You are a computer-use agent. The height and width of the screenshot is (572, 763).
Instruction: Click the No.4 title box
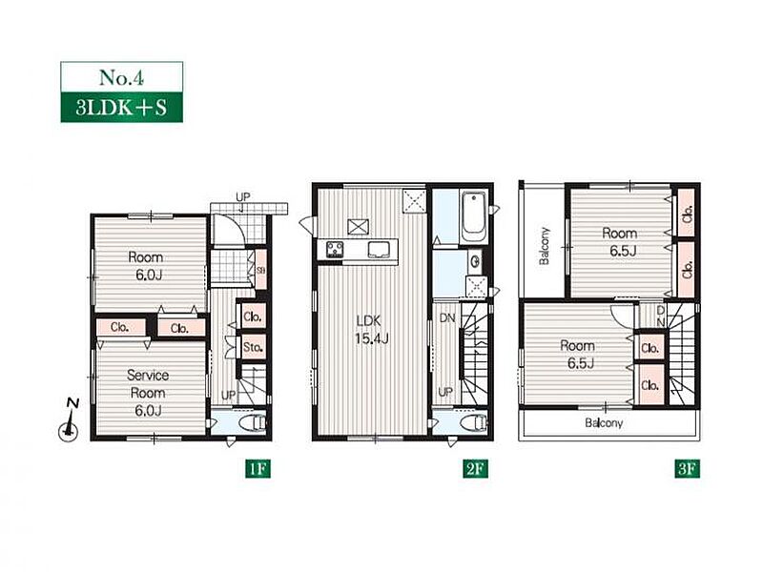click(122, 77)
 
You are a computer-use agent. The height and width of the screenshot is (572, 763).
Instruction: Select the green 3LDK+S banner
click(122, 107)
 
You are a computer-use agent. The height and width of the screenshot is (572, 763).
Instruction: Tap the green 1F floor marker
click(257, 469)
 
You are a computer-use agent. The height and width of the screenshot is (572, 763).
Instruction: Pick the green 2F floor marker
click(474, 469)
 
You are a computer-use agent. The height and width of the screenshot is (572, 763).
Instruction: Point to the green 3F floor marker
click(687, 469)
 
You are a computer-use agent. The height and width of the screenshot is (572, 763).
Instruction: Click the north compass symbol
click(70, 420)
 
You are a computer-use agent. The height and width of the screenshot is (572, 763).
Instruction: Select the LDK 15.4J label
click(372, 329)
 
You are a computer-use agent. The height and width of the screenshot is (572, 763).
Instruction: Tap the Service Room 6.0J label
click(148, 393)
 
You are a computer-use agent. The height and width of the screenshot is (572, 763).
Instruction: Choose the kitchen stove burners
click(336, 249)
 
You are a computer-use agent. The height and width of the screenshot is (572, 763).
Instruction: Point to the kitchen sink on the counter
click(378, 250)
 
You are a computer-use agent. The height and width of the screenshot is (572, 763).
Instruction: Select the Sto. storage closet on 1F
click(253, 347)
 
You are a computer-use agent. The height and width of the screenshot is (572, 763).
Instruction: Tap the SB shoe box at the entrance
click(260, 269)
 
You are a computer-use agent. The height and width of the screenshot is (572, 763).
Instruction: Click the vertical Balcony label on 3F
click(545, 246)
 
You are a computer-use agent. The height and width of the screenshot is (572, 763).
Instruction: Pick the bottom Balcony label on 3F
click(604, 423)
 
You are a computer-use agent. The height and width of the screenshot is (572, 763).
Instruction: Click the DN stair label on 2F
click(447, 318)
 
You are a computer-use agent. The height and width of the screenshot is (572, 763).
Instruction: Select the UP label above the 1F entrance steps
click(243, 197)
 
